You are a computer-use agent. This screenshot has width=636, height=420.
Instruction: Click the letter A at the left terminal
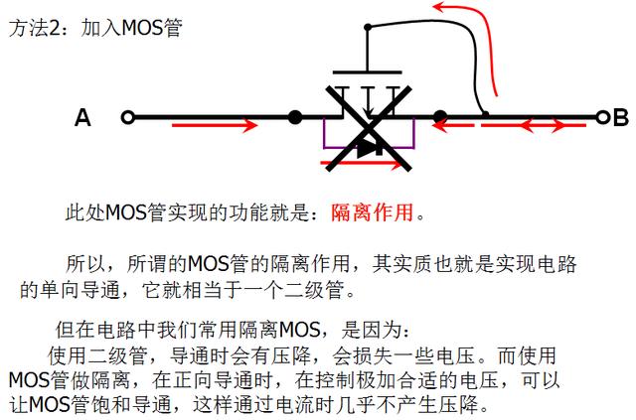pos(82,119)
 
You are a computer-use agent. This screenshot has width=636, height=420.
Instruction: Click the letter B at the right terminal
pos(621,119)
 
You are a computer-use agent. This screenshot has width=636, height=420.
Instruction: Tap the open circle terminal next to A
pos(127,118)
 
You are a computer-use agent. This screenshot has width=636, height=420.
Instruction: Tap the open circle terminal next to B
pos(601,118)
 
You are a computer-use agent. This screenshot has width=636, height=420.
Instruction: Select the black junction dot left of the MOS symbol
pos(295,118)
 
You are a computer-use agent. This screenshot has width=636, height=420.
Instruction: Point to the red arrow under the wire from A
pos(219,127)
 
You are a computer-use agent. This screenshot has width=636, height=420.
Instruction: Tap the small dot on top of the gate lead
pos(368,28)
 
